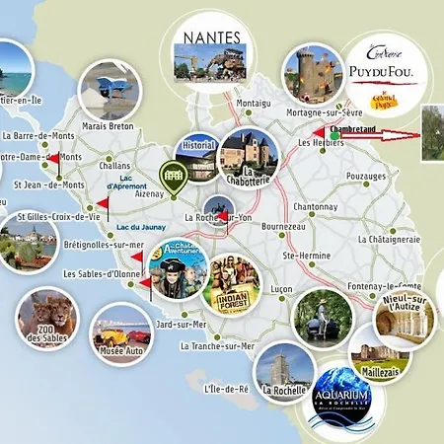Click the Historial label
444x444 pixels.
(198, 145)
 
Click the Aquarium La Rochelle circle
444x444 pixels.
(345, 399)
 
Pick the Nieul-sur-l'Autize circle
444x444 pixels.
(404, 317)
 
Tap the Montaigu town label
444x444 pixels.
(253, 103)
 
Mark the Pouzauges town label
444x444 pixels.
(367, 176)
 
